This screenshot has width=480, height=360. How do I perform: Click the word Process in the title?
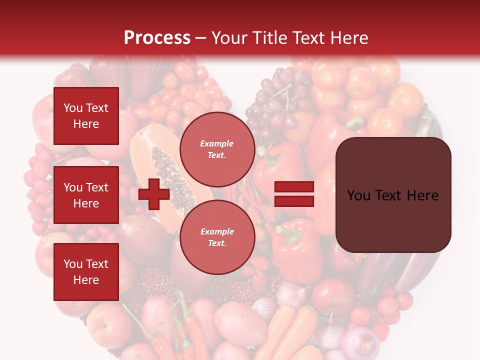[157, 38]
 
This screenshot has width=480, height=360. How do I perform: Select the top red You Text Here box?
[86, 116]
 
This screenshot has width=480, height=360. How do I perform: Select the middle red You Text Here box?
[86, 195]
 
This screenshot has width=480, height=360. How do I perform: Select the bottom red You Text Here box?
[86, 271]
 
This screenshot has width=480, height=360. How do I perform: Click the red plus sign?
[154, 194]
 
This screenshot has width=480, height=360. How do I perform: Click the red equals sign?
[294, 194]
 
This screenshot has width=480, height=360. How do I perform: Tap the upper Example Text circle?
[217, 149]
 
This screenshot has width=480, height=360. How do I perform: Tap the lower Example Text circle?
[217, 237]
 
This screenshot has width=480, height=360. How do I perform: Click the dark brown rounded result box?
[393, 195]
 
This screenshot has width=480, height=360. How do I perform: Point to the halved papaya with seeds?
[160, 165]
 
